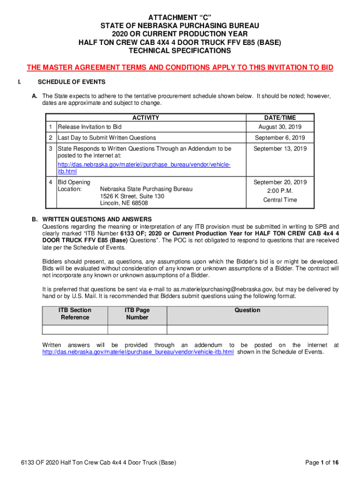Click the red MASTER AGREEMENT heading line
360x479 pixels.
180,68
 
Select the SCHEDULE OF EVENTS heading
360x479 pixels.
72,82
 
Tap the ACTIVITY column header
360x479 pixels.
145,118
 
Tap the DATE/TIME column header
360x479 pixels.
280,118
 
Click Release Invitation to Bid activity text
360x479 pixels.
89,127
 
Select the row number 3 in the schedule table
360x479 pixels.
50,149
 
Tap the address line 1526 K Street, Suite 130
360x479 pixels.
132,196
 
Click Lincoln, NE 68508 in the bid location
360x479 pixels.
124,203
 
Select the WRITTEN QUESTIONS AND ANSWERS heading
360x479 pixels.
97,219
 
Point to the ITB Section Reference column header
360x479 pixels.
75,314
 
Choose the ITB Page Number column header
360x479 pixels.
137,314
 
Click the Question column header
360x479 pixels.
247,310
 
